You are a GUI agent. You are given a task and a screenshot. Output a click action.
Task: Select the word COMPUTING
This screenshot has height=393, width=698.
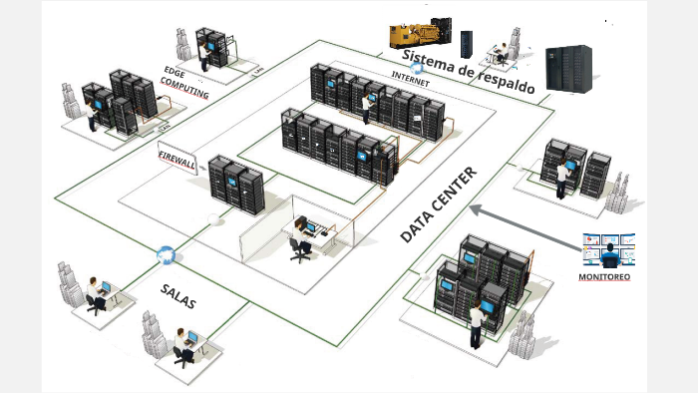(185, 90)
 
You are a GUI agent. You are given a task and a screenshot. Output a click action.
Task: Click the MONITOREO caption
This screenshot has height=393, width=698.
(606, 276)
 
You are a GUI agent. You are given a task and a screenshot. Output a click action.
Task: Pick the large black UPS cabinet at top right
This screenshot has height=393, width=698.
(569, 67)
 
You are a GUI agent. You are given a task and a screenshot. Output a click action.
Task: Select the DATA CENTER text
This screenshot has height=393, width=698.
(439, 204)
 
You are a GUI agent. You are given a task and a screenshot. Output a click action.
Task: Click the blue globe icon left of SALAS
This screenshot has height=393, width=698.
(165, 255)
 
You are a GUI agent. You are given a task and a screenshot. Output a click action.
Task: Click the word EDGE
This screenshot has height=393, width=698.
(174, 71)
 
